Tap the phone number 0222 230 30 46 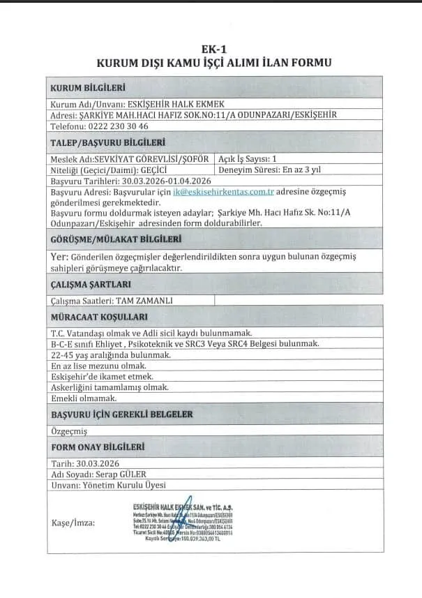(x=119, y=126)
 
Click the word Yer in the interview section (x=59, y=257)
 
